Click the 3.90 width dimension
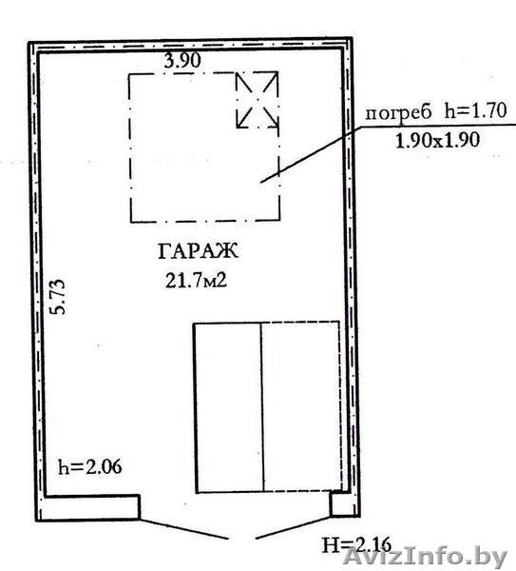(182, 61)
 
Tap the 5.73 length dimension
(58, 296)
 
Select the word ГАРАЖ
(199, 251)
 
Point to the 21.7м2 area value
(197, 281)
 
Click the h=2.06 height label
(90, 467)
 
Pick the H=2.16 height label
(356, 545)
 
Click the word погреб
(398, 113)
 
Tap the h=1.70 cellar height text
(476, 110)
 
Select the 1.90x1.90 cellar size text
(437, 140)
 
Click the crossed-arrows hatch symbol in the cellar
(258, 100)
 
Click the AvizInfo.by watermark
(425, 558)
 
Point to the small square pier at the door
(341, 503)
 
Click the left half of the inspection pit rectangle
(229, 407)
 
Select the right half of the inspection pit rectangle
(301, 406)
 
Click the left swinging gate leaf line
(183, 529)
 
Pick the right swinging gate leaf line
(294, 527)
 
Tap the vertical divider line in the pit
(262, 407)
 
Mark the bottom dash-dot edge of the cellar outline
(205, 221)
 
